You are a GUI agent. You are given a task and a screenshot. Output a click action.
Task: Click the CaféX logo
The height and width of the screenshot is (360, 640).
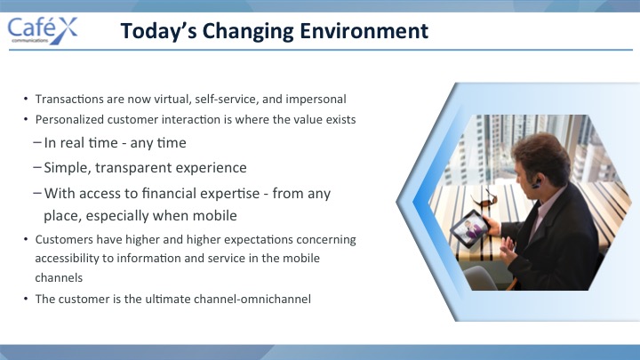click(x=43, y=30)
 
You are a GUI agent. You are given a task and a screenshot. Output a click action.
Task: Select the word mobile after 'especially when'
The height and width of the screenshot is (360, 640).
click(x=215, y=215)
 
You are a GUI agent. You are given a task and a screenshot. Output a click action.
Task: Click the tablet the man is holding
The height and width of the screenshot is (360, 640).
click(x=469, y=228)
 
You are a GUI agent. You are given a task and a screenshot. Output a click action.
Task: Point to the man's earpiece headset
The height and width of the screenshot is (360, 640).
click(x=536, y=184)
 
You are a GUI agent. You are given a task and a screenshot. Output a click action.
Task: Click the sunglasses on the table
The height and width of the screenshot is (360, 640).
click(x=484, y=199)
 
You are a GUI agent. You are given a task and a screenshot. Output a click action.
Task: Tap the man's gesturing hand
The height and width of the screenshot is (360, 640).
click(x=507, y=246)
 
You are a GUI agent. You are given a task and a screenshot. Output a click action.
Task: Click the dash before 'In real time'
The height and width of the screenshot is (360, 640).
click(x=37, y=143)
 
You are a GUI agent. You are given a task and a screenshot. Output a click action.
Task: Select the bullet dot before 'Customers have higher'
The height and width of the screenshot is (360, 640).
click(x=26, y=240)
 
